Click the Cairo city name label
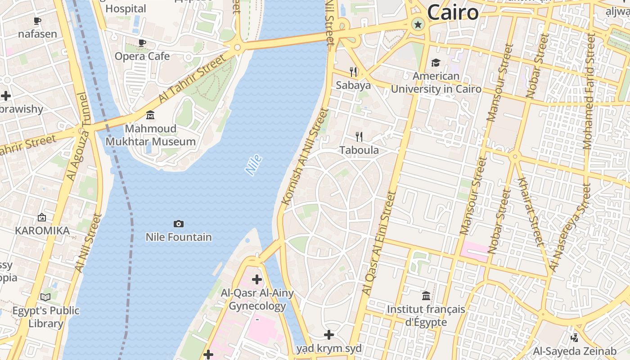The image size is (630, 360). [452, 12]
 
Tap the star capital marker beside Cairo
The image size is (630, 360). [418, 24]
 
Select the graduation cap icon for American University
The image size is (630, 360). [436, 63]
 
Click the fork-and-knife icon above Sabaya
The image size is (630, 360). [353, 72]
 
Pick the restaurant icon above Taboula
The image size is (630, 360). [359, 136]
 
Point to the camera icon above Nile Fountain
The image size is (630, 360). [179, 224]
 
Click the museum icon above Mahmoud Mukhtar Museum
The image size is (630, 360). [150, 115]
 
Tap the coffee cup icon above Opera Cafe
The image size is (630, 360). [142, 43]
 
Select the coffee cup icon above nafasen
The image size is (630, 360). [37, 21]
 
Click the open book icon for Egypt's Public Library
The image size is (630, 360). [45, 297]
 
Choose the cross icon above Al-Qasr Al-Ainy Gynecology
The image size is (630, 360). [256, 279]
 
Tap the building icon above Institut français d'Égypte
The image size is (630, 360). [426, 296]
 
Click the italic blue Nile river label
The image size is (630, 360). [253, 165]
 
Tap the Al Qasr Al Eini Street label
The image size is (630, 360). [379, 243]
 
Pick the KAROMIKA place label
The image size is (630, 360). [42, 231]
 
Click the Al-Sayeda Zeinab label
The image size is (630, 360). [575, 351]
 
